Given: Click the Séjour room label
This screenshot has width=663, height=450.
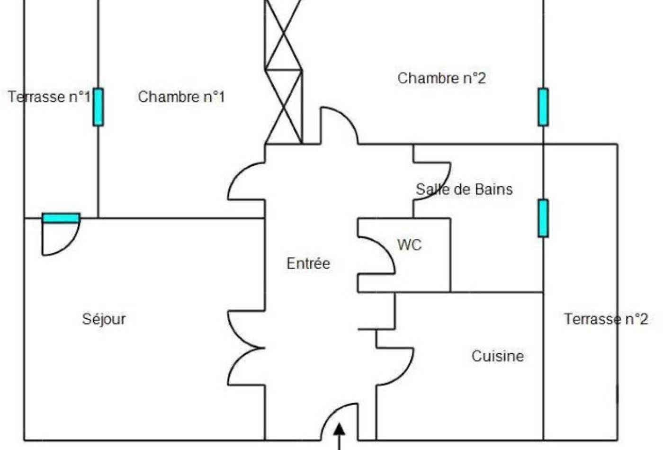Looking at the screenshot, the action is coord(104,319).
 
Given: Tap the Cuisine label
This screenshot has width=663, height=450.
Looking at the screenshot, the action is coord(498,356).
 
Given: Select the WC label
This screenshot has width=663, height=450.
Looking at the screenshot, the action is coord(409,245).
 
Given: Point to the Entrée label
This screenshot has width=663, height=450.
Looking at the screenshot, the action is coord(308,263).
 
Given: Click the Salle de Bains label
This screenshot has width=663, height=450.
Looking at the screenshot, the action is coord(464,189).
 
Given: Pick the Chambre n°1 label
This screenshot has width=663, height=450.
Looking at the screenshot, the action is coord(181,97).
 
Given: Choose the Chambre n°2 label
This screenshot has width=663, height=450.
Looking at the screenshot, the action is coord(441,78).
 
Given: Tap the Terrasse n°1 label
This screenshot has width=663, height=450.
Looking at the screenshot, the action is coord(49,97).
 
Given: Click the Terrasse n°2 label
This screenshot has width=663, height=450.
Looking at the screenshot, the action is coord(606,319).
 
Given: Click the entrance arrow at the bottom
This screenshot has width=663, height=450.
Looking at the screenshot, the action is coord(339,437).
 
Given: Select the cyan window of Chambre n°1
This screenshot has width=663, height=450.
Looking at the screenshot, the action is coord(99,107).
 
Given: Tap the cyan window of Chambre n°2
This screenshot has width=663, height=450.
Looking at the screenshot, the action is coord(543,107).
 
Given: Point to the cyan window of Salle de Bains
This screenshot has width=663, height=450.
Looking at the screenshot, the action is coord(543,218).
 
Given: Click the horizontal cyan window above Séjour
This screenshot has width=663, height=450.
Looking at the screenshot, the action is coord(61,218).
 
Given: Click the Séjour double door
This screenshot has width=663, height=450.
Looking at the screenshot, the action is coord(237,348).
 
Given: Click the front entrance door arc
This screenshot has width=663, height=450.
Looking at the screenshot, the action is coord(331,414).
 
